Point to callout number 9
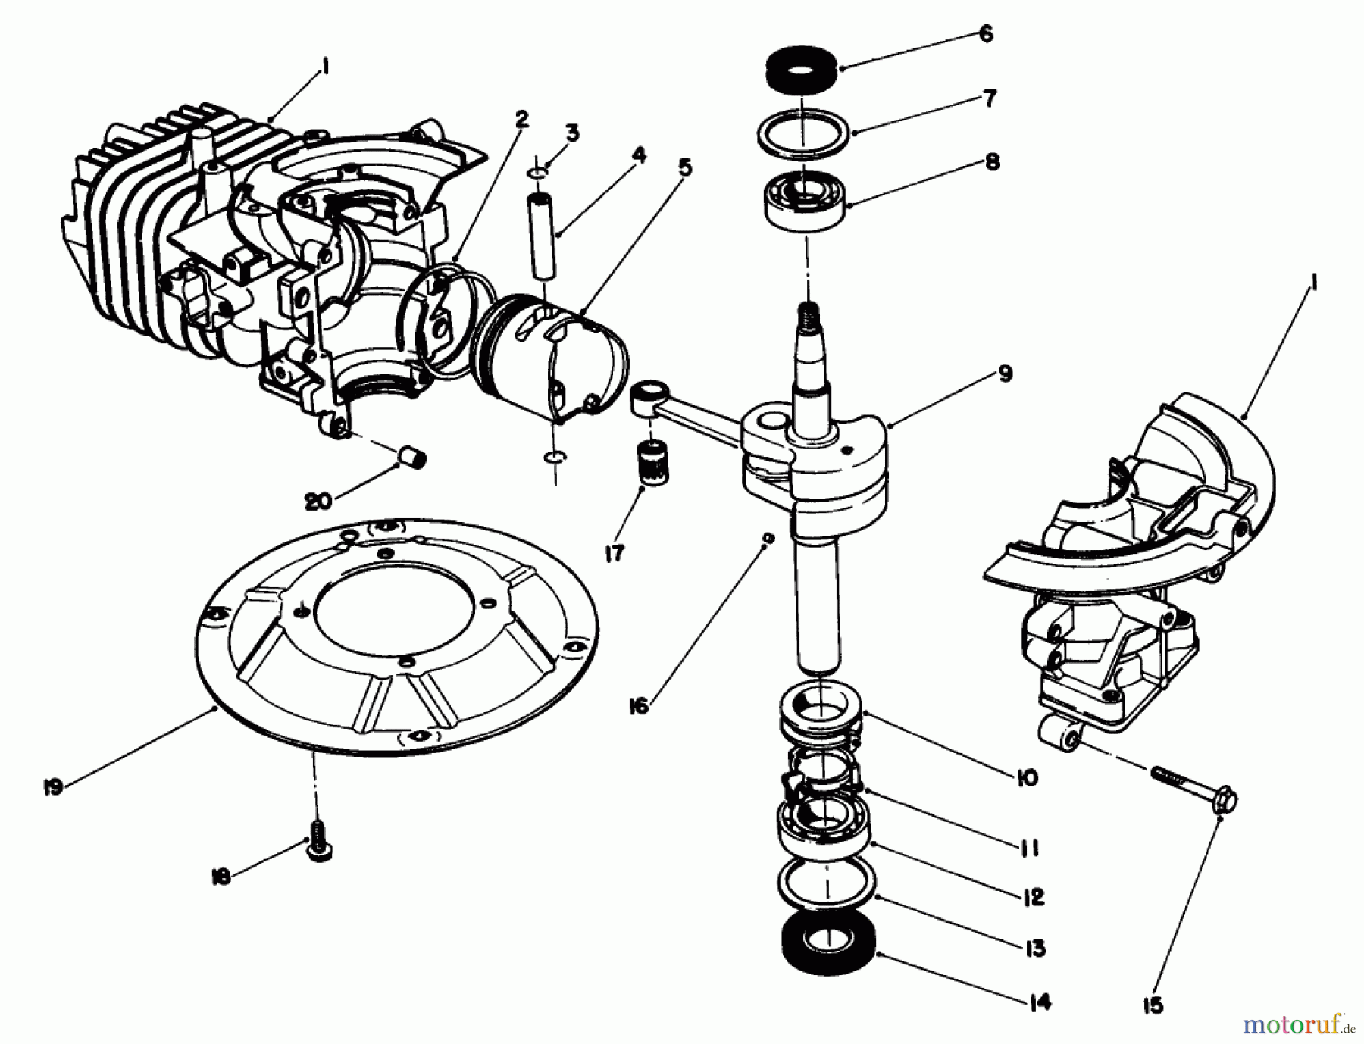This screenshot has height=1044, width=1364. point(1004,374)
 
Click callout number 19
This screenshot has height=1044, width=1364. point(53,786)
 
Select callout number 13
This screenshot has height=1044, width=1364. point(1033,948)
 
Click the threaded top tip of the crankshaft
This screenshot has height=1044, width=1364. point(808,312)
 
